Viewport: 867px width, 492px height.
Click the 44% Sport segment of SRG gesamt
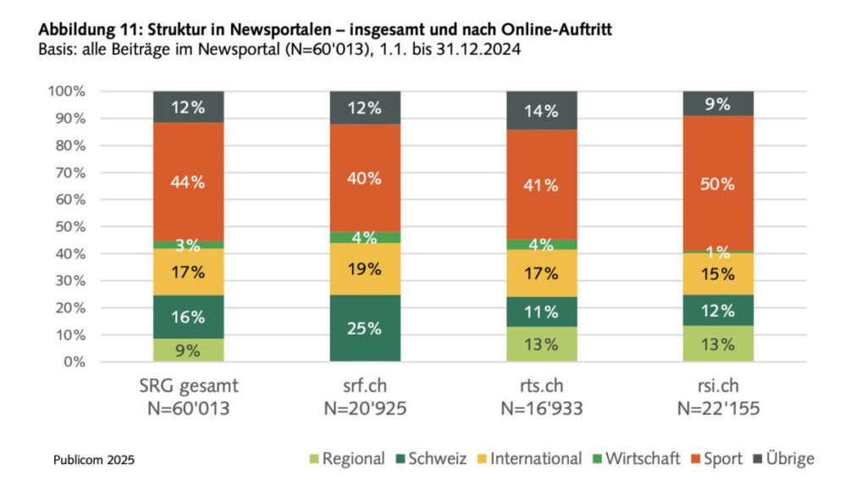coord(188,182)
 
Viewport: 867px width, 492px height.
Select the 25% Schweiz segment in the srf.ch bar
coord(364,328)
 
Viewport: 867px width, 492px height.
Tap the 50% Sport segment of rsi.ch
coord(718,184)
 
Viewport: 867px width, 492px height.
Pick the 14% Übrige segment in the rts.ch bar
coord(541,110)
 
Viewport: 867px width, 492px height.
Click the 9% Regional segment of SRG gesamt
coord(188,350)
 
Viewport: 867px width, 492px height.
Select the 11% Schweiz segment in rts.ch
coord(541,311)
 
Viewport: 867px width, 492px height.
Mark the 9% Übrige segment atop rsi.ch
coord(718,103)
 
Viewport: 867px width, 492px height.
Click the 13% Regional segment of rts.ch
coord(541,344)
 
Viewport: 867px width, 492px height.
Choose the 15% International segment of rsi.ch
coord(718,274)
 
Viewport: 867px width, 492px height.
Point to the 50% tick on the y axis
coord(69,227)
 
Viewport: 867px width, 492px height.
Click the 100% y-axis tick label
coord(65,91)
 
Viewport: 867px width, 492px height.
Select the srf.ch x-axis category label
coord(364,385)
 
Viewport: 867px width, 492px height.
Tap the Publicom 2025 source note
coord(93,460)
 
